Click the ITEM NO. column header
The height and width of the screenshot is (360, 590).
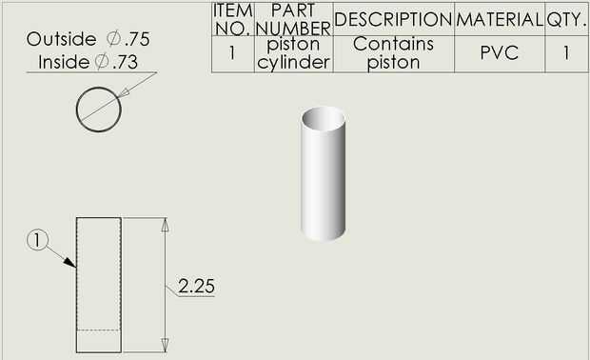click(233, 19)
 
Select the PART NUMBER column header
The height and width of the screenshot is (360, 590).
click(293, 19)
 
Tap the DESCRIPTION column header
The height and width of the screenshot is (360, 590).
click(393, 19)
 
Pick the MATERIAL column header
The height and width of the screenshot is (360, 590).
click(500, 19)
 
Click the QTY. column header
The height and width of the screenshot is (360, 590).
click(566, 19)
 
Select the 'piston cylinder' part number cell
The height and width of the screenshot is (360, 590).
click(293, 53)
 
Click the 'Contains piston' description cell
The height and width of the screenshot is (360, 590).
click(393, 53)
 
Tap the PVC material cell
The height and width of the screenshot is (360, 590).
click(500, 52)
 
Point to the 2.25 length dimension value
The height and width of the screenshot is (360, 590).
click(196, 287)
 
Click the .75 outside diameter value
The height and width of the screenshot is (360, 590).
click(137, 39)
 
